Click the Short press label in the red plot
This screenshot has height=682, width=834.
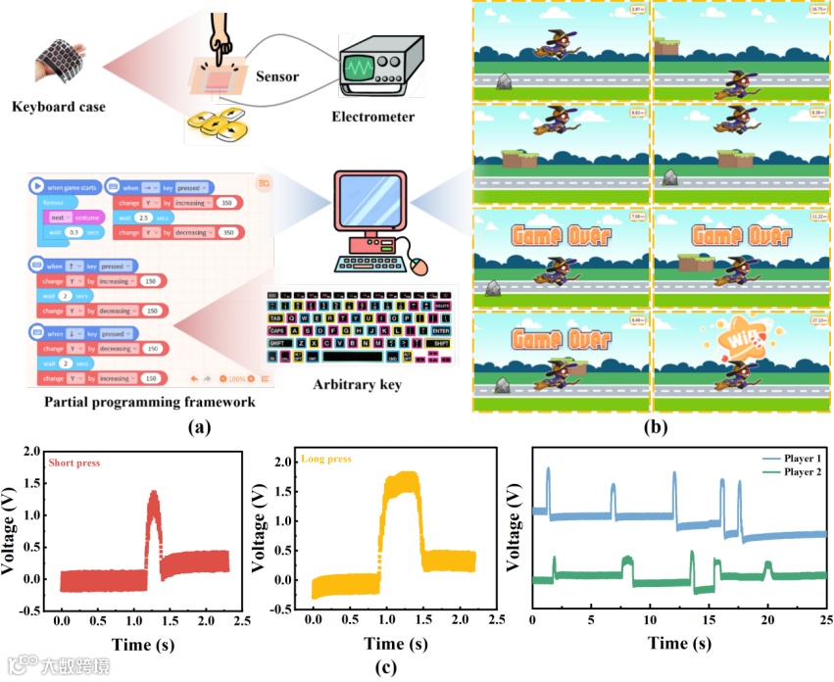74,462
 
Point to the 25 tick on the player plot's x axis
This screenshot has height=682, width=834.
825,619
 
